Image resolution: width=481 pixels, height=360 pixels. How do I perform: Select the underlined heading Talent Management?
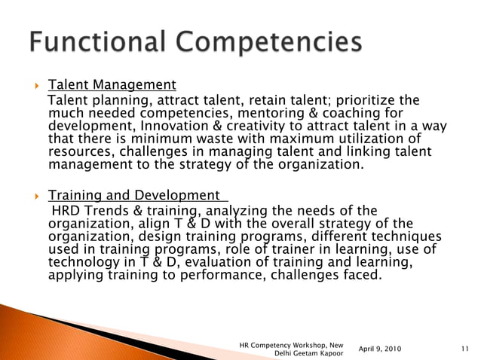(112, 84)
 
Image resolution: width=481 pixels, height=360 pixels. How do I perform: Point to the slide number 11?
(464, 349)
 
